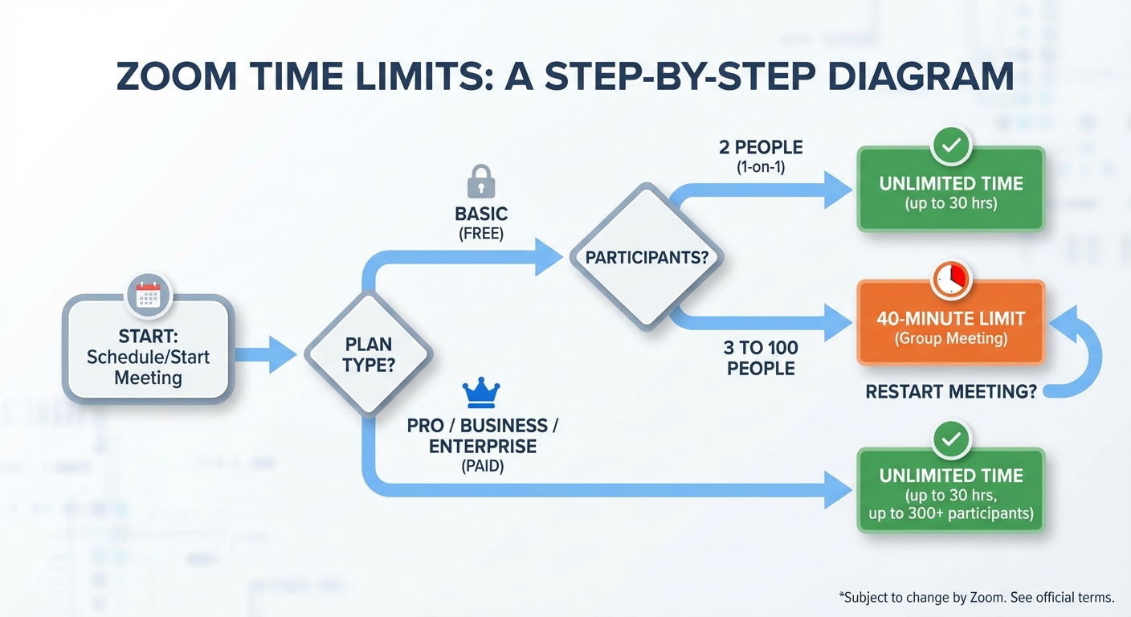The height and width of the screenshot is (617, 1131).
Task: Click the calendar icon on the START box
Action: (x=149, y=296)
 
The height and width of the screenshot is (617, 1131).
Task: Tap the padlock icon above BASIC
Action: (x=480, y=182)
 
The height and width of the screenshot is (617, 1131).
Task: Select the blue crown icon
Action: (x=481, y=393)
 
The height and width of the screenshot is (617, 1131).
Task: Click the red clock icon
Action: (x=951, y=280)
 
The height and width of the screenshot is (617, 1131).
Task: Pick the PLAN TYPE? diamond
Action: (x=369, y=354)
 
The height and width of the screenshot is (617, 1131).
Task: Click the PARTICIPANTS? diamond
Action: (x=647, y=257)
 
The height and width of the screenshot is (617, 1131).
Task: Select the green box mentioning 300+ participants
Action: (x=951, y=491)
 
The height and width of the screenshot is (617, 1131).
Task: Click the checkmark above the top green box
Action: (x=951, y=146)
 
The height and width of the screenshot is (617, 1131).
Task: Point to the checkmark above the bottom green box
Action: (x=951, y=439)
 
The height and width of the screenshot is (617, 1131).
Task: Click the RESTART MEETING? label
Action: (x=951, y=391)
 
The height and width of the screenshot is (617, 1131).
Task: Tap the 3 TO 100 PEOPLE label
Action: (x=761, y=358)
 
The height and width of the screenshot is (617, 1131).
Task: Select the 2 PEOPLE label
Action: (x=761, y=148)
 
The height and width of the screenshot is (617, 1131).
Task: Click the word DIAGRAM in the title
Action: (x=921, y=77)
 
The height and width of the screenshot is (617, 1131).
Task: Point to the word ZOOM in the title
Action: (x=177, y=77)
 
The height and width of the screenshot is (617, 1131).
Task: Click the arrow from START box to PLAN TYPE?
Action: (x=266, y=354)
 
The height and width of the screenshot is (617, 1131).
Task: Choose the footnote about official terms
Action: (x=977, y=597)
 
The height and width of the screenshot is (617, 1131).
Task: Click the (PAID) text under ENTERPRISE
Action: (x=482, y=465)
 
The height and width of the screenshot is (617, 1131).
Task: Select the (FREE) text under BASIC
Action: (x=481, y=234)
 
